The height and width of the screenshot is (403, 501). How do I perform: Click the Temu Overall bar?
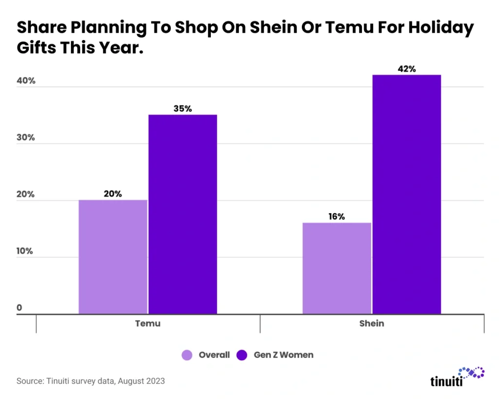pos(113,257)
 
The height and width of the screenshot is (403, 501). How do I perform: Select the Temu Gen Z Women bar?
pos(182,214)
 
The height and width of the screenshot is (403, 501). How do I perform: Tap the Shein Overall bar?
pos(337,268)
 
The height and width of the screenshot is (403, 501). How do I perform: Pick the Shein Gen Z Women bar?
pos(407,194)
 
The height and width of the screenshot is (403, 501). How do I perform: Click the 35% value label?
pos(182,109)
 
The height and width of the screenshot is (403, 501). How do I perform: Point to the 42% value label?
pos(407,69)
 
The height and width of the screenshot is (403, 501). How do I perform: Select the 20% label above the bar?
pos(113,194)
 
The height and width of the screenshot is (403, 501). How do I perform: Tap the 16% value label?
pos(337,217)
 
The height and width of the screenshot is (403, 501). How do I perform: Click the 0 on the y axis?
pos(20,308)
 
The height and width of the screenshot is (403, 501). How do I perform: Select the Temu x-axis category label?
pos(148,323)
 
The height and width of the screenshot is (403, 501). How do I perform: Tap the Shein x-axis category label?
pos(371,323)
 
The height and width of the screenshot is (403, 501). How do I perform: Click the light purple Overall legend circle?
pos(187,355)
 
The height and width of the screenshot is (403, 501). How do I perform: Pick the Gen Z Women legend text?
pos(283,355)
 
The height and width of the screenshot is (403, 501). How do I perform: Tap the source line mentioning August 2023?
pos(91,381)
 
